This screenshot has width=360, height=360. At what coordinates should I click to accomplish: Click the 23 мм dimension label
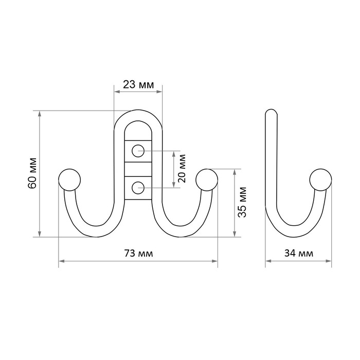pos(138,84)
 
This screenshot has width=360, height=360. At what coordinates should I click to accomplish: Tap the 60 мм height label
pos(32,173)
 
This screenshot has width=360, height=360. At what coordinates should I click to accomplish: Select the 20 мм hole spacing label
pos(182,168)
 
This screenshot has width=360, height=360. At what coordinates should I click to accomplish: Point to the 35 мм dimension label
pos(242,202)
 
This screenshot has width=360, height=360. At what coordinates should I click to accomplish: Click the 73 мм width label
pos(138,254)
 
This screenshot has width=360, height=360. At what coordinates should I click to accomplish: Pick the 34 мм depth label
pos(299,254)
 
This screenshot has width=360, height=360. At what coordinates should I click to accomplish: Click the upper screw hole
pos(138,151)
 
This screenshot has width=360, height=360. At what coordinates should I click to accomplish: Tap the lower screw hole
pos(138,188)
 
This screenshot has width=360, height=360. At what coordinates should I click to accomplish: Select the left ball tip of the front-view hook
pos(69,180)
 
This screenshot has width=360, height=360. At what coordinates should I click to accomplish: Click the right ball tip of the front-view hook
pos(207,180)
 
